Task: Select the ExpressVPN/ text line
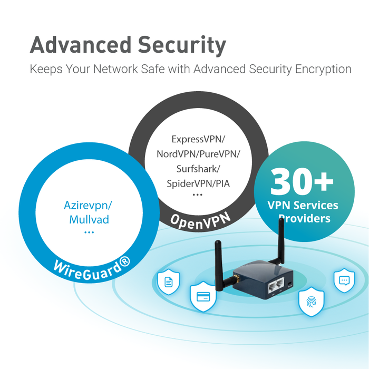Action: [198, 139]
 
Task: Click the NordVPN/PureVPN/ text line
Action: [198, 154]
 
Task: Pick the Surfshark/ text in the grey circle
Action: [198, 169]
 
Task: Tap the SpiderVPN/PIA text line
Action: [198, 183]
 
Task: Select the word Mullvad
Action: [89, 219]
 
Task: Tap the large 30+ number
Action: [303, 181]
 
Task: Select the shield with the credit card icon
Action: [203, 298]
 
